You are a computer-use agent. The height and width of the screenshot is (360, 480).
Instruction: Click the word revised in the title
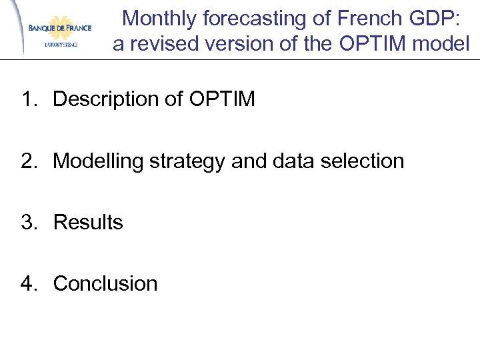pos(162,44)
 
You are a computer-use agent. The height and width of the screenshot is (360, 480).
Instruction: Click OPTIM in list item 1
pos(222,99)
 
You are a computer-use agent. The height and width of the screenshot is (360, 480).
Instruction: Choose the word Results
pos(88,222)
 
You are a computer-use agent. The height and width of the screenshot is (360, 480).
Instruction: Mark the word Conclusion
pos(105,283)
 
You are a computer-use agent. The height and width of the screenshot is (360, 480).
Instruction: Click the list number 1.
pos(27,99)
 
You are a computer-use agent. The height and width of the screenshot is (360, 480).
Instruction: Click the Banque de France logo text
pos(59,28)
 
